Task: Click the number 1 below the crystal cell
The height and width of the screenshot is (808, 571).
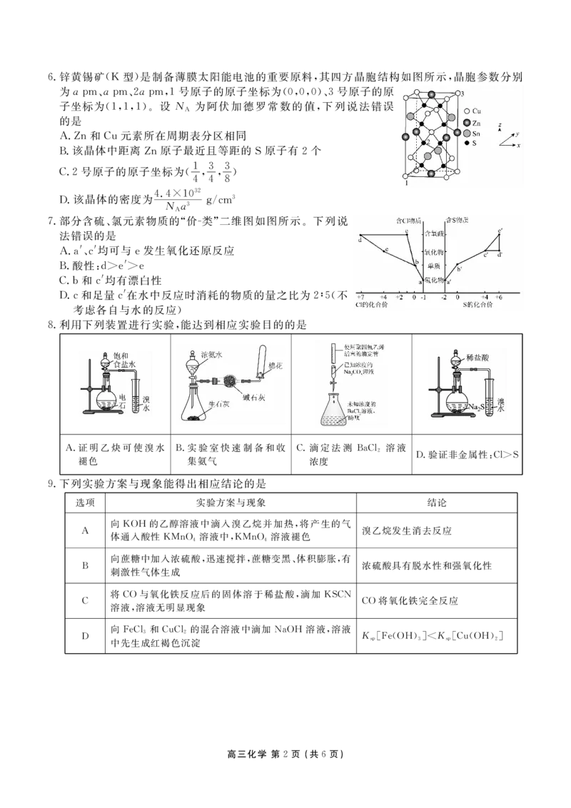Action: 406,183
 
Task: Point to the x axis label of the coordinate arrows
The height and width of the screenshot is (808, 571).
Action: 518,145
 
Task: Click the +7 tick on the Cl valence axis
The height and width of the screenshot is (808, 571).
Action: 360,296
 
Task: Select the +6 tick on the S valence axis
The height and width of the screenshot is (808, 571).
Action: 499,296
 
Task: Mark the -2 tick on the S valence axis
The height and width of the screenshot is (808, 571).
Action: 443,296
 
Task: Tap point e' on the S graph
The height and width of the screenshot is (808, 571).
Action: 500,231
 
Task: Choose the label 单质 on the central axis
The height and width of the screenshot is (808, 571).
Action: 434,266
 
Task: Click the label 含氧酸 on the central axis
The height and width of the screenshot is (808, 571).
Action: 434,233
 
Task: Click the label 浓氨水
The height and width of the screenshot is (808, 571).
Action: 212,355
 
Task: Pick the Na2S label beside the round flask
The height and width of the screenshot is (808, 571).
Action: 477,407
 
